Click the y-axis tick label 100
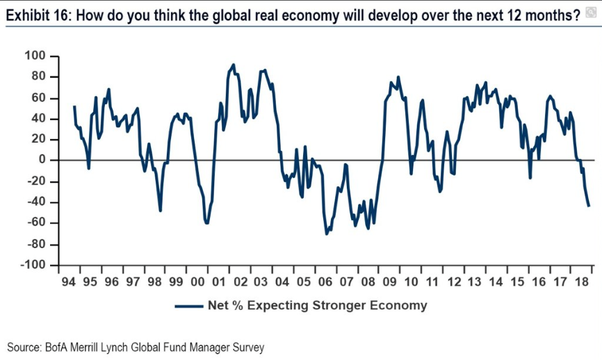point(35,56)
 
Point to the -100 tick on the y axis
point(33,265)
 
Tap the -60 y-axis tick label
point(35,223)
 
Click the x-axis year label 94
point(68,282)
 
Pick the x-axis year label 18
point(582,282)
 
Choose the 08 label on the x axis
point(368,282)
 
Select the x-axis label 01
point(218,282)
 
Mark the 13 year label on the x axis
point(475,282)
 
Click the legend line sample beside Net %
point(190,305)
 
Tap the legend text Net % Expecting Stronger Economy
point(317,305)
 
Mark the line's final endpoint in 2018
point(589,206)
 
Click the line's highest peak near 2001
point(233,65)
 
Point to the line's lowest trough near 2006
point(326,234)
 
